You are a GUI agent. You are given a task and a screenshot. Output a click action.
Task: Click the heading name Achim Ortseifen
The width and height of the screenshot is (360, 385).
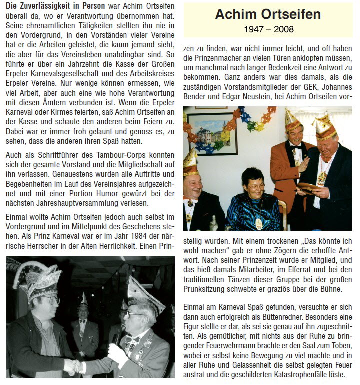click(268, 14)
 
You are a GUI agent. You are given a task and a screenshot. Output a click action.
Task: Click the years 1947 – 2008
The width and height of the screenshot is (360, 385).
click(268, 29)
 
